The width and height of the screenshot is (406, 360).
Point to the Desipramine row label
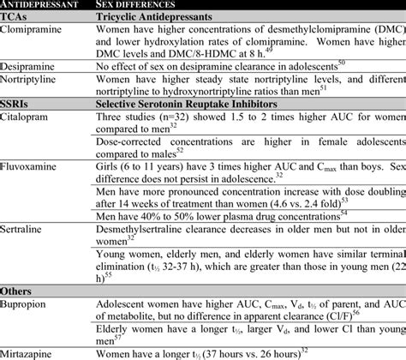(x=30, y=64)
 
